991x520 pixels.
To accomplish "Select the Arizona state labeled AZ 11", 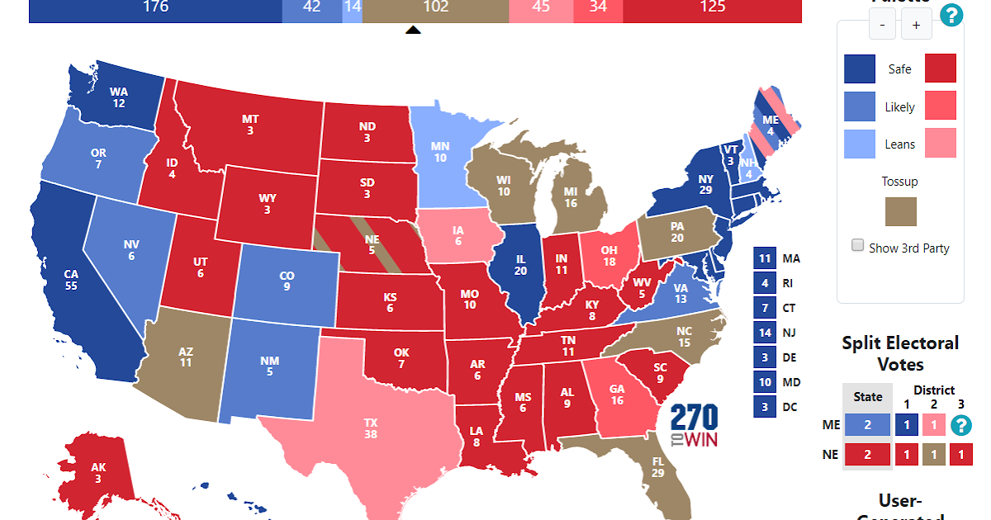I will pos(185,356).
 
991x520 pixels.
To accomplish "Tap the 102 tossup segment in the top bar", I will pos(435,8).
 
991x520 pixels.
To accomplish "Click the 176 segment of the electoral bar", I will pos(155,8).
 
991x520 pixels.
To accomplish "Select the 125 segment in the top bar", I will pos(712,8).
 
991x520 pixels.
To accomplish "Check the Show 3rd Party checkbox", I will pos(858,245).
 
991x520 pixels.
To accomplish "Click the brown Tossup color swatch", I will pos(900,210).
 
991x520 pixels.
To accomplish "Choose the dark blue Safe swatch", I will pos(859,69).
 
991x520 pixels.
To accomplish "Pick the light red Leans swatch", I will pos(940,143).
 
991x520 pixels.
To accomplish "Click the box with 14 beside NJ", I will pos(764,333).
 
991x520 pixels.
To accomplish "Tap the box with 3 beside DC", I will pos(764,406).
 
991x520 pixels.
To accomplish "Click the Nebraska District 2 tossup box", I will pos(934,454).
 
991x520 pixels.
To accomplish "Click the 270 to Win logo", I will pos(694,426).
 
